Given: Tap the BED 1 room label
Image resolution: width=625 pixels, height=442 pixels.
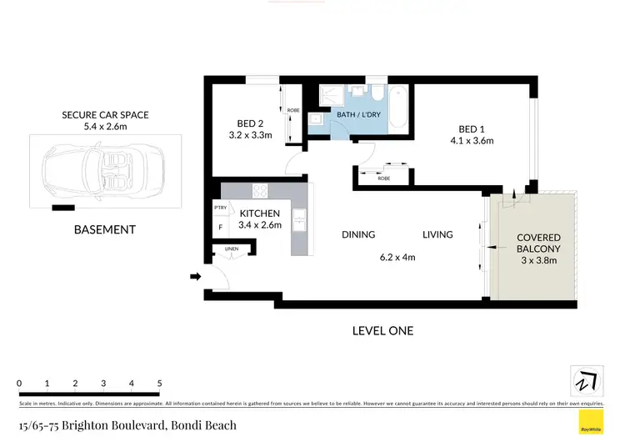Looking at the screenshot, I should point(472,128).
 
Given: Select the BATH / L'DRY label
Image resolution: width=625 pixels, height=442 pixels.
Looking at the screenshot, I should point(356,117).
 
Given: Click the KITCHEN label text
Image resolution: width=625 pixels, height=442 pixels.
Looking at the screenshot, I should point(260,213).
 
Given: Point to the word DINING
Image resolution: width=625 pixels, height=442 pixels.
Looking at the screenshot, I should point(357,234).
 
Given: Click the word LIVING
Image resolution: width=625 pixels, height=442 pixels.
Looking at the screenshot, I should point(437,234).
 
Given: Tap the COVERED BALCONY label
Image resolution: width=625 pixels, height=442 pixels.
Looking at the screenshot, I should point(538,242).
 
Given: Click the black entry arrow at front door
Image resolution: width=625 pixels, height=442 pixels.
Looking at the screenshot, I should point(195,276).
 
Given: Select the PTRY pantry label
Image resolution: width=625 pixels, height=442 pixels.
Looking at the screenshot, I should point(220,208).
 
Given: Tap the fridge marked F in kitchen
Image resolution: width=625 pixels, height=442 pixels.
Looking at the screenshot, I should point(220,226).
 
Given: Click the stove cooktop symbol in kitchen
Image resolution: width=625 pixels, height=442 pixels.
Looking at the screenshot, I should point(260,192).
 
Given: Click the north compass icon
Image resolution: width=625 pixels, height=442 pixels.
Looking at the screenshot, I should point(586,380).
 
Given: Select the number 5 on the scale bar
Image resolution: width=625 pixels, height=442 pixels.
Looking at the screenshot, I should point(159,384).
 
